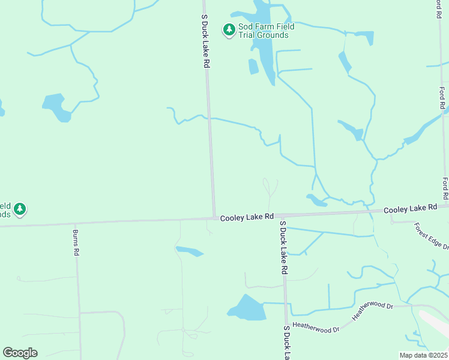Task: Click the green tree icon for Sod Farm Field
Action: (229, 29)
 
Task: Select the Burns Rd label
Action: (76, 242)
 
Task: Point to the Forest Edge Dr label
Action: (431, 236)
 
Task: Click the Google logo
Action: (20, 353)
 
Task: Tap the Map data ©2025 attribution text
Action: (423, 355)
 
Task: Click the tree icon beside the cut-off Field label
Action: (20, 209)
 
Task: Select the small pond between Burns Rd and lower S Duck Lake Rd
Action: (189, 251)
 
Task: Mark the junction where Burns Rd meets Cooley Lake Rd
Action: (77, 223)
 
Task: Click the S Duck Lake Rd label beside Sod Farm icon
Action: (205, 41)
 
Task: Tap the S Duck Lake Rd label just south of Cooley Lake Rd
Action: (284, 247)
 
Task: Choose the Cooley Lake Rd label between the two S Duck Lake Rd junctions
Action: (247, 217)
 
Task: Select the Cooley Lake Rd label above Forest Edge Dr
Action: (410, 208)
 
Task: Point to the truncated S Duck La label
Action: (288, 342)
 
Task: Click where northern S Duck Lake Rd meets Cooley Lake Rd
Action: (214, 218)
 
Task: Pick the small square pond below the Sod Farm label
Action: (253, 67)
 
